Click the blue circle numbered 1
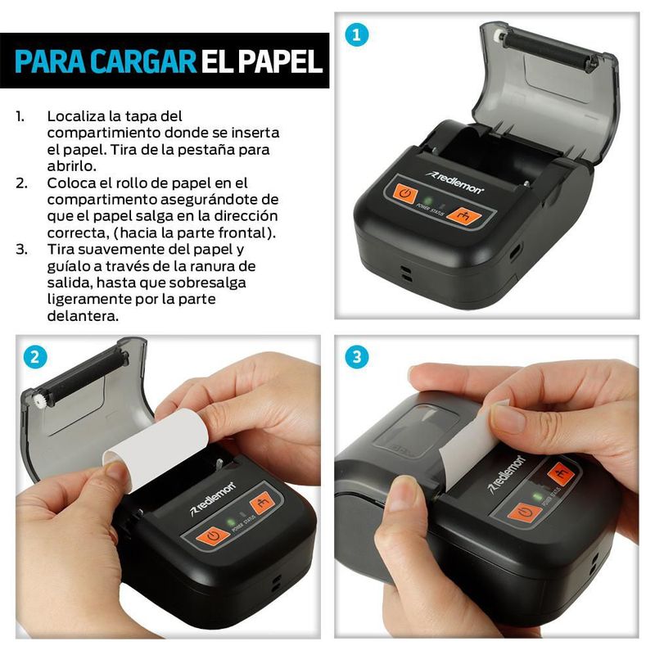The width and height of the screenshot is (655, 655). pos(357,34)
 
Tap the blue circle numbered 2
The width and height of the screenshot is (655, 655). pos(35,358)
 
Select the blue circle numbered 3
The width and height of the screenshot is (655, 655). pos(357,357)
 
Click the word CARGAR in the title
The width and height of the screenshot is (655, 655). pos(144,61)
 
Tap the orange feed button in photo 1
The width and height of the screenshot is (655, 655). pos(463,215)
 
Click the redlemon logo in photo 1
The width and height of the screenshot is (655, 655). pos(454,182)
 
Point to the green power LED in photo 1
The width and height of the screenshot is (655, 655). pos(427,201)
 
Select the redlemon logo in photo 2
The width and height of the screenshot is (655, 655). pos(213,499)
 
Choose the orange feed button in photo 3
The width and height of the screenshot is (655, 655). pos(560,474)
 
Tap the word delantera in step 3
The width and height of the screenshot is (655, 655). pos(83,316)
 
